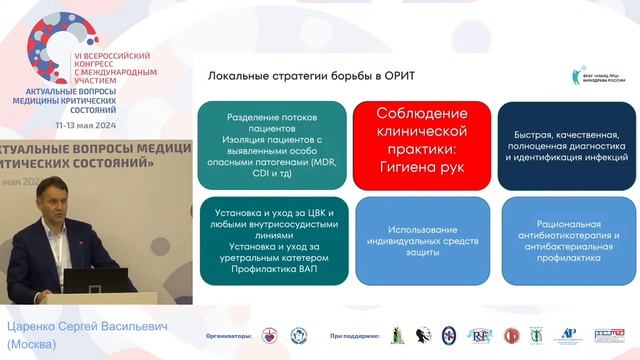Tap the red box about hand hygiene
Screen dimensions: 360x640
(x=420, y=144)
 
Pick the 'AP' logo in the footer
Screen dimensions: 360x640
(x=570, y=336)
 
